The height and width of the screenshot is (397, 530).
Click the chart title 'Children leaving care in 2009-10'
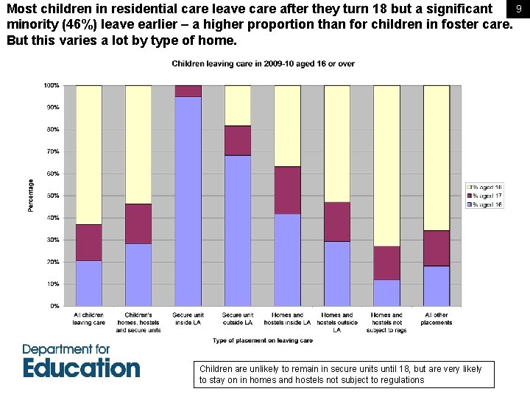(263, 64)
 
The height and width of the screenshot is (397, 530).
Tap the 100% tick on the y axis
(52, 86)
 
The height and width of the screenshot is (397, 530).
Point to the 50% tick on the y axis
(53, 196)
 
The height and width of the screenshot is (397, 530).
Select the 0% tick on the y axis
(55, 306)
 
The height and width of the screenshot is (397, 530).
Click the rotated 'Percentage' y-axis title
(31, 196)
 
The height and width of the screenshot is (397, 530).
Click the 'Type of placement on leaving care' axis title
(263, 340)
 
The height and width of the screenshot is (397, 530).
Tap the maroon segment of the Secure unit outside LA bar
(238, 140)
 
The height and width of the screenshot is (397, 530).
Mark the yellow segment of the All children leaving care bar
(88, 154)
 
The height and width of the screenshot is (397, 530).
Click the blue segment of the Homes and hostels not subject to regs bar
(386, 293)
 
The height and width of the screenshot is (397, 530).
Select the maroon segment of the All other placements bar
(437, 248)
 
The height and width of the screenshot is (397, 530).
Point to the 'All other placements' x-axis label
(437, 318)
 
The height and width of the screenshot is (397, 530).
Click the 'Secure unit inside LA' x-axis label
(188, 318)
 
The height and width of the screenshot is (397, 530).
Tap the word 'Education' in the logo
(81, 368)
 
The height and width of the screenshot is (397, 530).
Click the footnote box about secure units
(346, 374)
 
